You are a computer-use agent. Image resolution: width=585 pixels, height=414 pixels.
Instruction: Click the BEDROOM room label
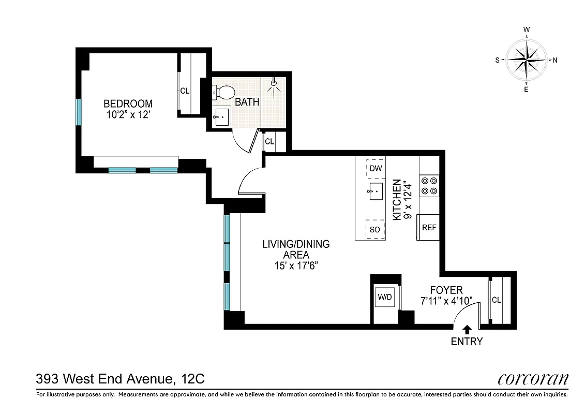(128, 103)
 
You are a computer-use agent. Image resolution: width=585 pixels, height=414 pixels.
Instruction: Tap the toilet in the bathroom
(223, 93)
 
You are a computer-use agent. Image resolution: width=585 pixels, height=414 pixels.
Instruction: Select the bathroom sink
(222, 117)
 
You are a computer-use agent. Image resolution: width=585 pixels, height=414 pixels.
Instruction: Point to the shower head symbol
(274, 83)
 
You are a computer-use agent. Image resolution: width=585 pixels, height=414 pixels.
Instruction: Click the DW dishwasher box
(376, 168)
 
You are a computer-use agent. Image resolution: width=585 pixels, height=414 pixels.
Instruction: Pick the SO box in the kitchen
(376, 229)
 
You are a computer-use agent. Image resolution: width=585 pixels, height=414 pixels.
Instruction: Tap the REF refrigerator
(429, 227)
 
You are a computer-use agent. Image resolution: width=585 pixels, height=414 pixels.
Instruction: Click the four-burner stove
(429, 186)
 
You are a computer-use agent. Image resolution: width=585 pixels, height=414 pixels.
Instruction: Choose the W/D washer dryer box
(384, 298)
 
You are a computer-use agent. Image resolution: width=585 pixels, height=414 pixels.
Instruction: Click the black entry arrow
(467, 329)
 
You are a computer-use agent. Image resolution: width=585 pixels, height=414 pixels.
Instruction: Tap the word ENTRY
(467, 342)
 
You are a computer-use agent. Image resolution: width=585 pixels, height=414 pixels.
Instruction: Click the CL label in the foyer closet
(497, 300)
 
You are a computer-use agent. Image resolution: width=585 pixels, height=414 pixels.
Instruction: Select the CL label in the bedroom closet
(185, 91)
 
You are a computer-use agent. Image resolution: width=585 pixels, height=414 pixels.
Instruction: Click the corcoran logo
(533, 379)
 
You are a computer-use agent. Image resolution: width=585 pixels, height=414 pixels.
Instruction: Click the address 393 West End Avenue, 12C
(121, 379)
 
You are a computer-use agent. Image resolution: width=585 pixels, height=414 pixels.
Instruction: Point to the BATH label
(247, 102)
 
